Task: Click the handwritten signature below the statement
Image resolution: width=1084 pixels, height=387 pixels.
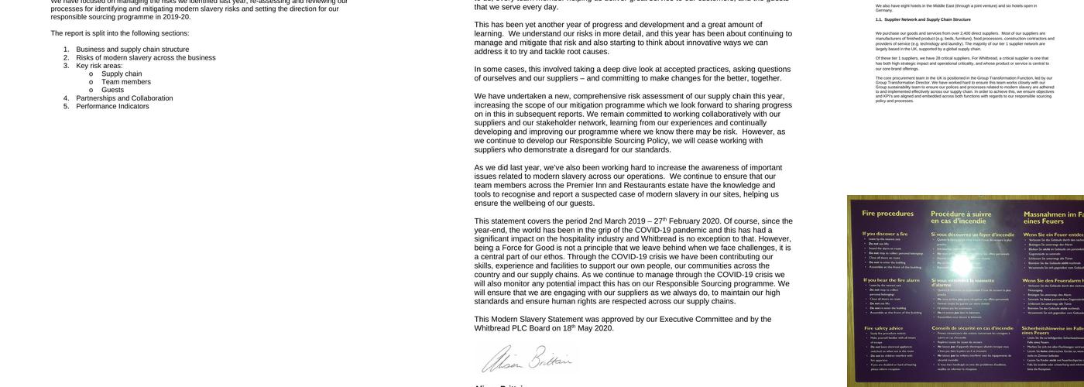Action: click(x=527, y=360)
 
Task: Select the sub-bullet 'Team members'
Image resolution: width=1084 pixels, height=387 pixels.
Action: click(x=126, y=82)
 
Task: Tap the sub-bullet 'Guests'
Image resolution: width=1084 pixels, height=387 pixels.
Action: click(x=113, y=90)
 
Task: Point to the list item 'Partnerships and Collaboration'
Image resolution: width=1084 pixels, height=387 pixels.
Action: click(x=125, y=98)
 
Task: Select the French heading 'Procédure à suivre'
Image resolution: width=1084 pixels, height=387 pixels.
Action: click(x=961, y=214)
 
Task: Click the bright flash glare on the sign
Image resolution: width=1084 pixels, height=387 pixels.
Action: click(x=961, y=265)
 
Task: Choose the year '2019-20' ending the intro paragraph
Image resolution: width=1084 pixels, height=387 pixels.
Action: click(x=177, y=17)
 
